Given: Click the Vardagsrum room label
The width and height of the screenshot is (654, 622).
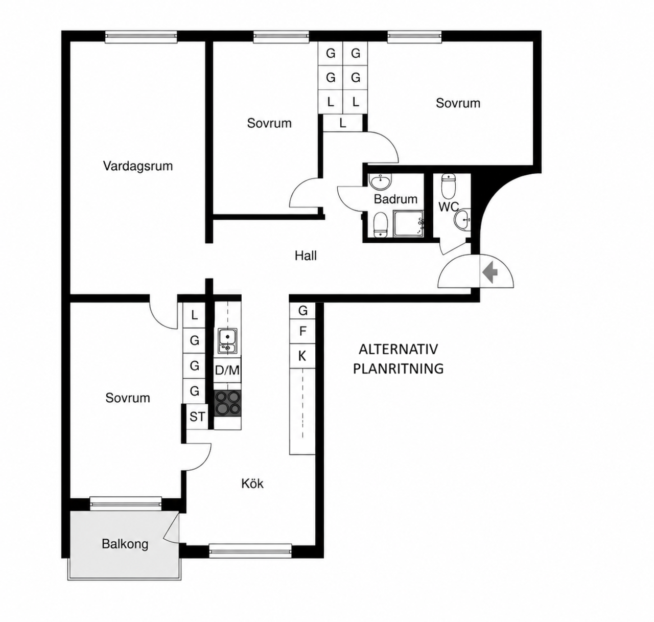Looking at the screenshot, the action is (138, 166).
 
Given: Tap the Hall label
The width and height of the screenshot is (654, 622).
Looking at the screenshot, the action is (306, 256).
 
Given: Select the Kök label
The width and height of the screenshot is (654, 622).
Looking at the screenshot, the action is (252, 483).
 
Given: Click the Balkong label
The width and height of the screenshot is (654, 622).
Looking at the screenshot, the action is (125, 544).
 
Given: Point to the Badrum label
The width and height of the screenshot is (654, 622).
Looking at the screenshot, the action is (395, 199).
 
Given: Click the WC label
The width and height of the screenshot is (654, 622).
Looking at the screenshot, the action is (449, 206).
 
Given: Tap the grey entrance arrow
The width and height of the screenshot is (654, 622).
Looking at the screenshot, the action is (489, 272).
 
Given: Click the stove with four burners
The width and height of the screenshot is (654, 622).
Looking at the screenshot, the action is (227, 403).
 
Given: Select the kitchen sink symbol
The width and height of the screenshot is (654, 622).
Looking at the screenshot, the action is (227, 341).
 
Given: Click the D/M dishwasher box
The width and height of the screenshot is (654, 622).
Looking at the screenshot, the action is (227, 370).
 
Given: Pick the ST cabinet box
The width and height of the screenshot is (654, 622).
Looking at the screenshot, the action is (197, 417).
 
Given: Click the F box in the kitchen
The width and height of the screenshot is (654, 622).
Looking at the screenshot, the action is (302, 331).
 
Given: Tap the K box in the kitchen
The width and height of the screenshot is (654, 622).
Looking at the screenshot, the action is (302, 356).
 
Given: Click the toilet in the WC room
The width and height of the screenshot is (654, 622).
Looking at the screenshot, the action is (448, 187).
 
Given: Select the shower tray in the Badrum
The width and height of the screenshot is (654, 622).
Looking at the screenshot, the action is (409, 223).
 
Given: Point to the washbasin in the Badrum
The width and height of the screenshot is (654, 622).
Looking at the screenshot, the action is (380, 182).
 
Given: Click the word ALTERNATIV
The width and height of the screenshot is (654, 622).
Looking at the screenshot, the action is (398, 349).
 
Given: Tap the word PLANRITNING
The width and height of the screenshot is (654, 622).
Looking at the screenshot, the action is (398, 368).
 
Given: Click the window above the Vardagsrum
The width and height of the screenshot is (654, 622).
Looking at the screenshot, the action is (141, 37).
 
